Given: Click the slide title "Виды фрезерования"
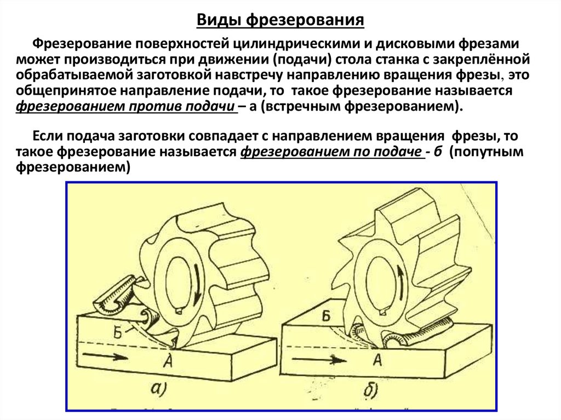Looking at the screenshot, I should (280, 20).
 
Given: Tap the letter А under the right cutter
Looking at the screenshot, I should (377, 359).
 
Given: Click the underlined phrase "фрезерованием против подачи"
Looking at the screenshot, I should (125, 107).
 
